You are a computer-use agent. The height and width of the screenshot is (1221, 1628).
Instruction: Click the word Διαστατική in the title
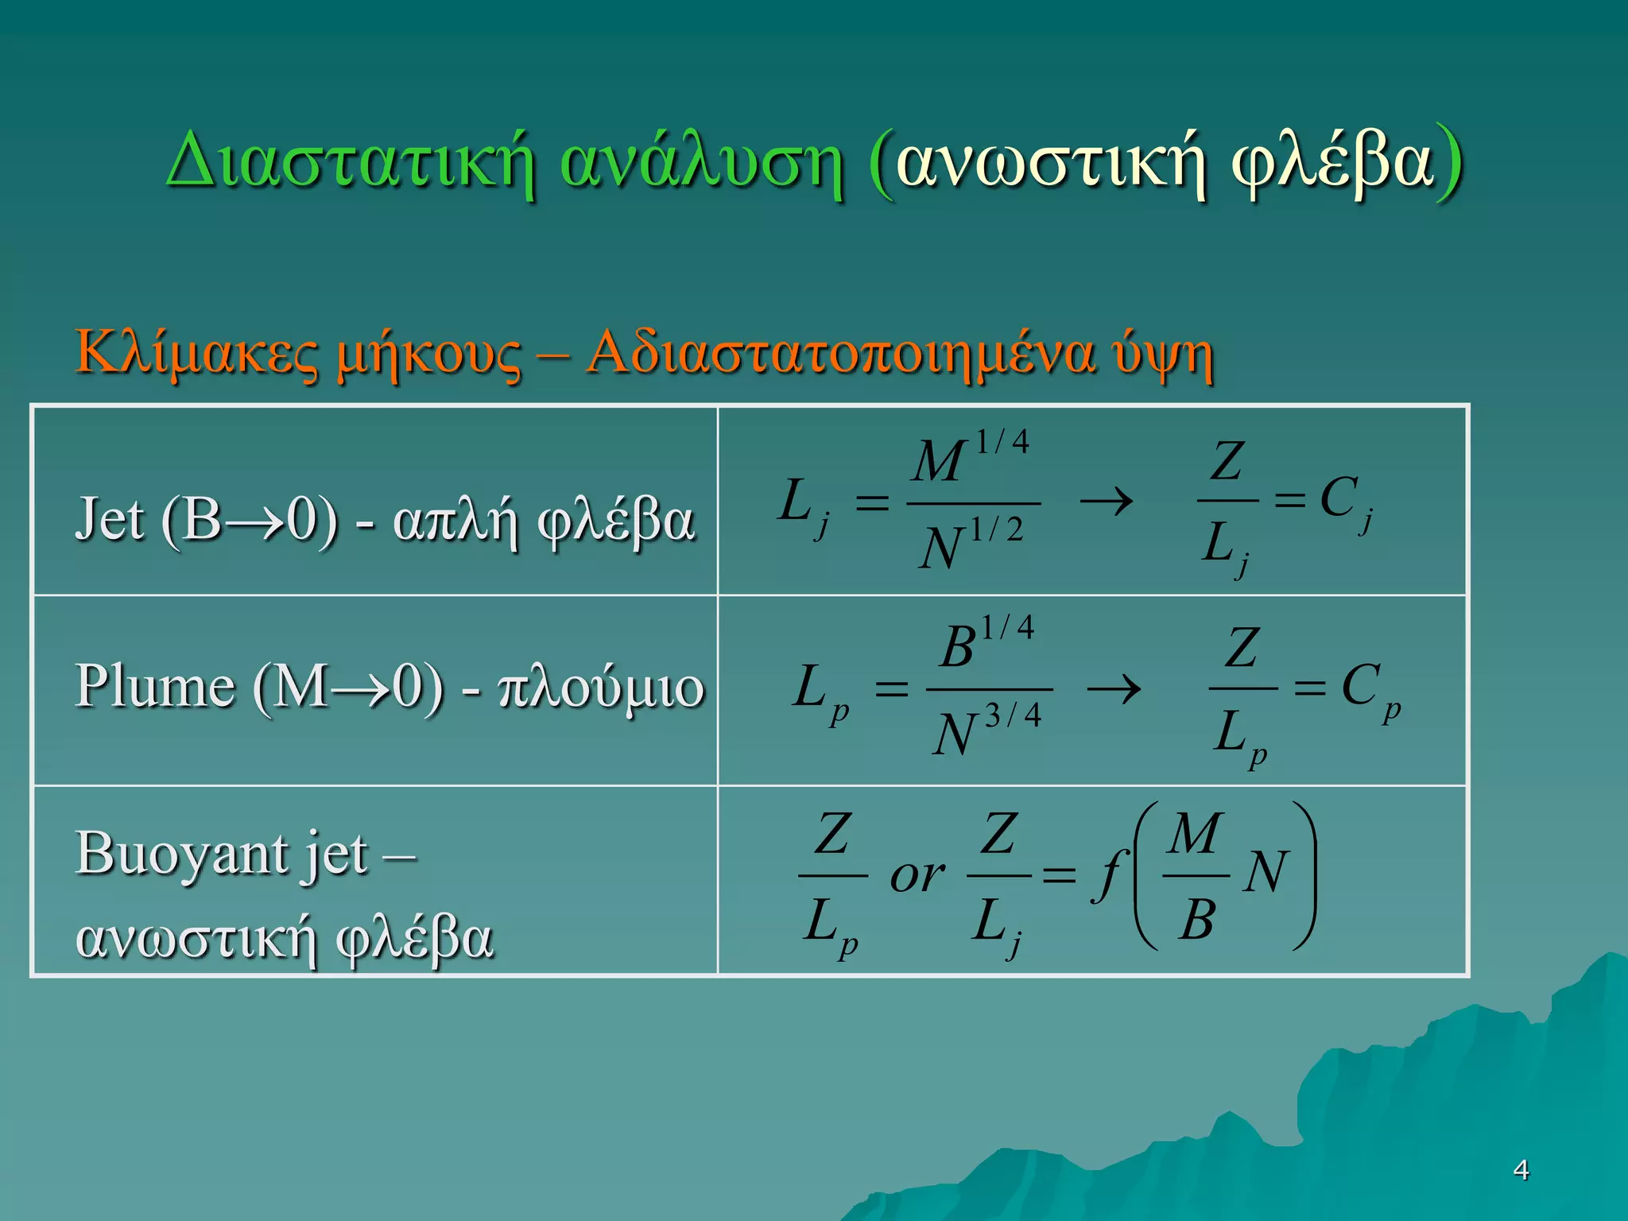tap(350, 163)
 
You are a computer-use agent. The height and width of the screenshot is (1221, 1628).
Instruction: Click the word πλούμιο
tap(601, 687)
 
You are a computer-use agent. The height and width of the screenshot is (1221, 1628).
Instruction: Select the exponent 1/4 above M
tap(1002, 442)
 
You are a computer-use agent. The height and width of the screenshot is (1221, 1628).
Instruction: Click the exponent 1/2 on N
tap(997, 530)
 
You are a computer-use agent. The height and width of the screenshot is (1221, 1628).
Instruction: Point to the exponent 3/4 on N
tap(1013, 716)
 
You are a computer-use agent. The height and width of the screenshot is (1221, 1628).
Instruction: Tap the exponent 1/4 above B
tap(1007, 628)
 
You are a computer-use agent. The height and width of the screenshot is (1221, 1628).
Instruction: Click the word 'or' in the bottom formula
tap(917, 876)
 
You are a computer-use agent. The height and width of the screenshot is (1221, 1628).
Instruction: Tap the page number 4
tap(1521, 1170)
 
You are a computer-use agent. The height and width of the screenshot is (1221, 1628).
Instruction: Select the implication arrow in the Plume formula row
tap(1114, 688)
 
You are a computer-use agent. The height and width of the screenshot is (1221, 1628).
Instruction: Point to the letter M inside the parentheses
tap(1194, 834)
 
